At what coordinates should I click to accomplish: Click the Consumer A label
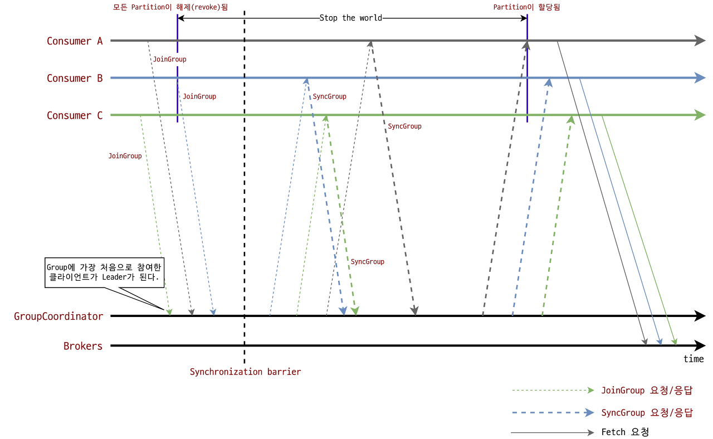click(x=75, y=41)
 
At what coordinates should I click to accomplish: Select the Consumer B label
click(x=75, y=79)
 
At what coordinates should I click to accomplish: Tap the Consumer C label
click(x=75, y=116)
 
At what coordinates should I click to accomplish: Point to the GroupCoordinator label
click(x=58, y=316)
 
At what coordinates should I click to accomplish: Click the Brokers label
click(x=83, y=346)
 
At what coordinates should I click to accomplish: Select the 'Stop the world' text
click(x=351, y=18)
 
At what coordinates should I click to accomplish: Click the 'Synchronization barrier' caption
click(x=245, y=372)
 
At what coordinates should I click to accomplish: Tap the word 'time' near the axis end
click(x=694, y=359)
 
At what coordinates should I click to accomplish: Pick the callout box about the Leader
click(x=104, y=272)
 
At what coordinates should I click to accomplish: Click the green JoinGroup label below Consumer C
click(x=125, y=156)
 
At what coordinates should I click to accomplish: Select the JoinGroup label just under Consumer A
click(x=169, y=59)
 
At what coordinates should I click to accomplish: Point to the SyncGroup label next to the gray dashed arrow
click(x=404, y=126)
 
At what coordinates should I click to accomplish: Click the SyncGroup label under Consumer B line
click(x=329, y=96)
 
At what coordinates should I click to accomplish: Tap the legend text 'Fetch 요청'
click(x=625, y=432)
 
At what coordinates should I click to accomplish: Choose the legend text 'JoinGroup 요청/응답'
click(x=647, y=391)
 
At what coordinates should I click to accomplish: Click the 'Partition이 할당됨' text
click(x=526, y=7)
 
